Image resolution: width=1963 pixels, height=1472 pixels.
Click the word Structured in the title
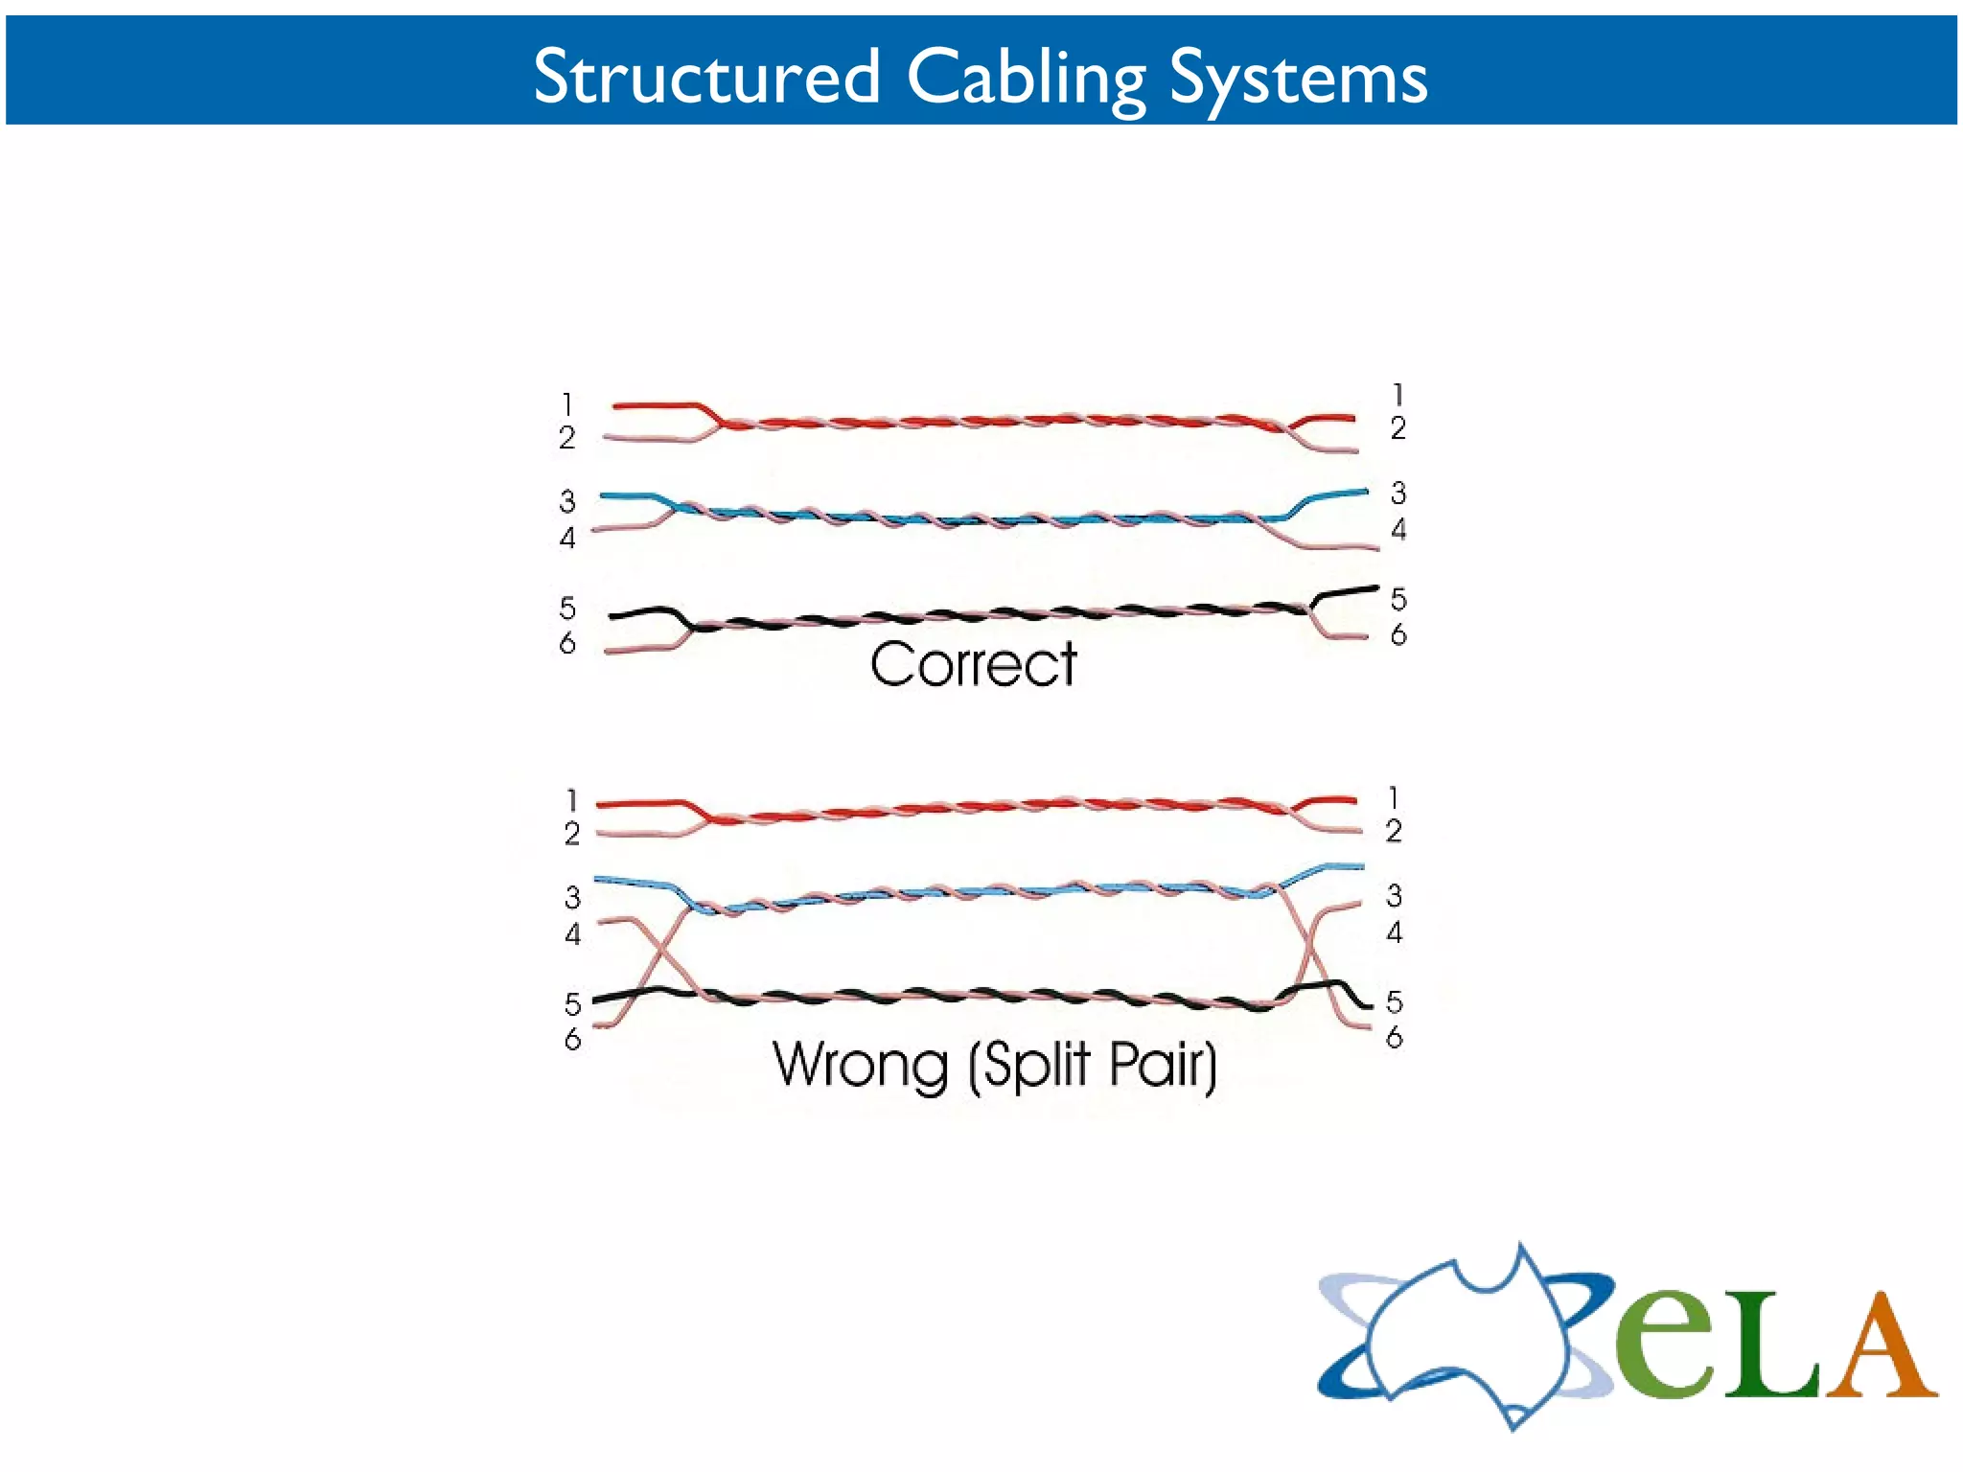706,76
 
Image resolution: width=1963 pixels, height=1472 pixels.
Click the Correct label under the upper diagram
973,664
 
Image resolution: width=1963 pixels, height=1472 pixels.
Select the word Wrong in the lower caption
860,1065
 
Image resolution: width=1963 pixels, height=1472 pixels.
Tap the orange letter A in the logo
1879,1346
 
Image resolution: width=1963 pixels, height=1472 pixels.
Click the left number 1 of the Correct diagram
567,404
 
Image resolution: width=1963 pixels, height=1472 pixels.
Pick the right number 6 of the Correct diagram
1398,634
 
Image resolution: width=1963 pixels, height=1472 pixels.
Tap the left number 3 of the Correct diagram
567,501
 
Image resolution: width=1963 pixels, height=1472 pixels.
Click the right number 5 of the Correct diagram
1398,600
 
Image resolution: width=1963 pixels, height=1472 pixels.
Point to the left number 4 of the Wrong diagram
572,933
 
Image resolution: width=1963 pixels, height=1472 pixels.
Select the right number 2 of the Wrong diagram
1394,831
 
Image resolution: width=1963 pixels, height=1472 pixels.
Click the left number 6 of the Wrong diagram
572,1039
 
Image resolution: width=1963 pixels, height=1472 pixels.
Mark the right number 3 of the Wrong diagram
1394,896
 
